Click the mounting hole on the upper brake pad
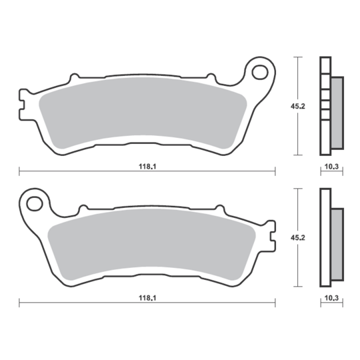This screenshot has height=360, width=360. [261, 71]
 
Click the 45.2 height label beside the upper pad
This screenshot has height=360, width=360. [308, 104]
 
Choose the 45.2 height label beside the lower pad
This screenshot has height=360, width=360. [308, 235]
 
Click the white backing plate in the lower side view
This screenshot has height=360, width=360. [325, 237]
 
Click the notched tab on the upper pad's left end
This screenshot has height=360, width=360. [24, 105]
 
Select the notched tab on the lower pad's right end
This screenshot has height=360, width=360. [271, 236]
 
